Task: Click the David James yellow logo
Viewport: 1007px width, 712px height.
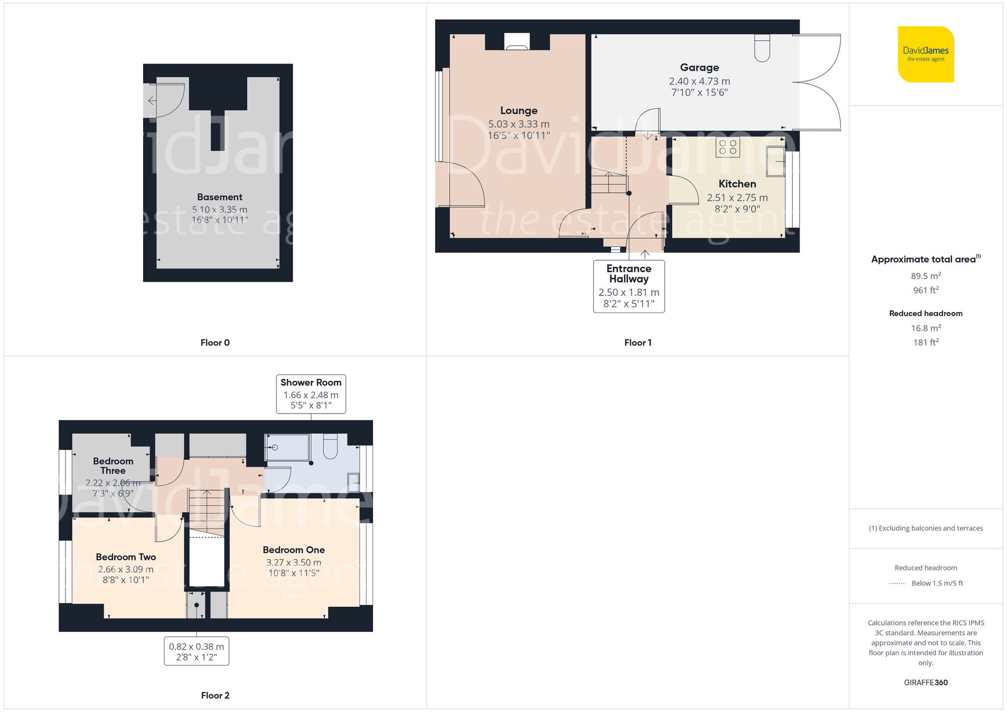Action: [x=925, y=54]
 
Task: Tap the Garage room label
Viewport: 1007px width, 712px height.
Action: [x=699, y=67]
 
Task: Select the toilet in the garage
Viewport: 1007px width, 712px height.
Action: [x=762, y=48]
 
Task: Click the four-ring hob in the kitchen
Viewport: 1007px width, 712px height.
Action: [x=728, y=147]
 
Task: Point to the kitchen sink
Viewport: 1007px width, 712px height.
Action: [x=775, y=161]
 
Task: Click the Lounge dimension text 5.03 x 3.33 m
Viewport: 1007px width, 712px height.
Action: [x=519, y=124]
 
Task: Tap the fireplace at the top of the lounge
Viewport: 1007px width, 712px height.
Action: [x=517, y=42]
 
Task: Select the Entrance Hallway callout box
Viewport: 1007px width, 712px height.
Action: [x=629, y=286]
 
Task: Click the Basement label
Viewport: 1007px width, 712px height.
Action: [x=220, y=197]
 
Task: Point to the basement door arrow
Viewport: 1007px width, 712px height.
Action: [x=152, y=101]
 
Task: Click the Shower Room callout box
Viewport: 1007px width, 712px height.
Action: [x=311, y=393]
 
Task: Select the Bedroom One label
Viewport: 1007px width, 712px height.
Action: [x=294, y=549]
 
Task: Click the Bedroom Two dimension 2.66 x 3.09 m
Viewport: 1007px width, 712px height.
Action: [x=126, y=569]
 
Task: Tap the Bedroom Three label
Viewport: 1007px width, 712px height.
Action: [x=113, y=465]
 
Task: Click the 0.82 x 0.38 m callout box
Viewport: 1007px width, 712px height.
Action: [x=196, y=651]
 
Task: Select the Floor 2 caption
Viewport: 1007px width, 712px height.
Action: [x=215, y=695]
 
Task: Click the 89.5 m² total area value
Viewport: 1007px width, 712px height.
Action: [x=925, y=276]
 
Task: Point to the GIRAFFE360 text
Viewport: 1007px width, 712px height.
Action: [x=925, y=682]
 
